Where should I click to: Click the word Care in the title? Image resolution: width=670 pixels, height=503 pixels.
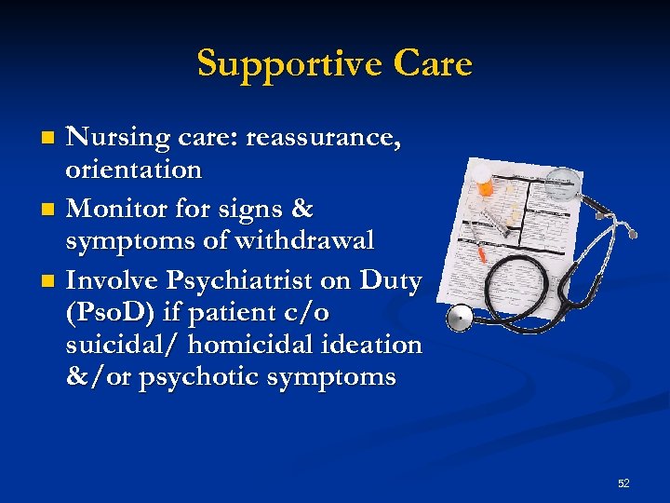click(x=433, y=64)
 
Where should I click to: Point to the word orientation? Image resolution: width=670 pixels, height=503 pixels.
click(x=133, y=170)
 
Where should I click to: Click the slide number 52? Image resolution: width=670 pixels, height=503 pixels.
click(x=623, y=483)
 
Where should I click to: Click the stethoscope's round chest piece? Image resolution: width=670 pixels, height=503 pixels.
click(x=459, y=319)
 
